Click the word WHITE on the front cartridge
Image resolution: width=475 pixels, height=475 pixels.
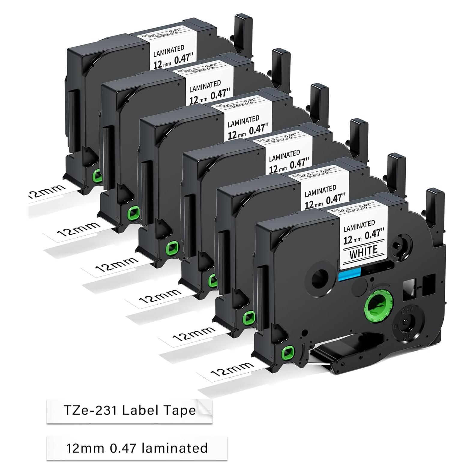(363, 250)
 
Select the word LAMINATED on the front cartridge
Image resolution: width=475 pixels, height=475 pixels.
(359, 227)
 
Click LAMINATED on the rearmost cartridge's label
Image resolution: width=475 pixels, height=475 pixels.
(169, 52)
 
